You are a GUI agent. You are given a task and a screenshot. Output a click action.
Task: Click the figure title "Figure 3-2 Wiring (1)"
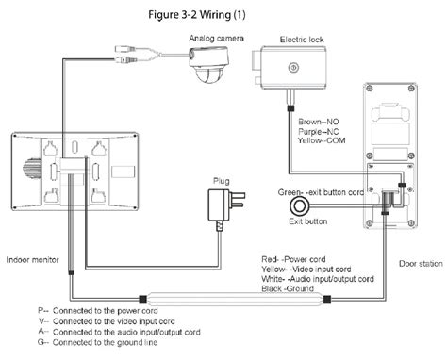pos(197,15)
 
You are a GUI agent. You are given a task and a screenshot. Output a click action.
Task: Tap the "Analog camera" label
pos(216,39)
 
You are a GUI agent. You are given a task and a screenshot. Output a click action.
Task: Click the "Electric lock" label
pos(302,40)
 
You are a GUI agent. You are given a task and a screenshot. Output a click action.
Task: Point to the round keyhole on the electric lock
pos(293,67)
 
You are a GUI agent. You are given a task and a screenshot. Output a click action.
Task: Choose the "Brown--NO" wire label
pos(319,122)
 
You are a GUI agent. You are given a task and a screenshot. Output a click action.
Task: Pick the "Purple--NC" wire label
pos(319,131)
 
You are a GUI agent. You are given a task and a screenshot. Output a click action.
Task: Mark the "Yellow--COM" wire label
pos(322,140)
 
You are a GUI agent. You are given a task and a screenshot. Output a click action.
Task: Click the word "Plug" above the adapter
pos(222,181)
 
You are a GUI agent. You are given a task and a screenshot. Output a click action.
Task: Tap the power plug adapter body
pos(219,205)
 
